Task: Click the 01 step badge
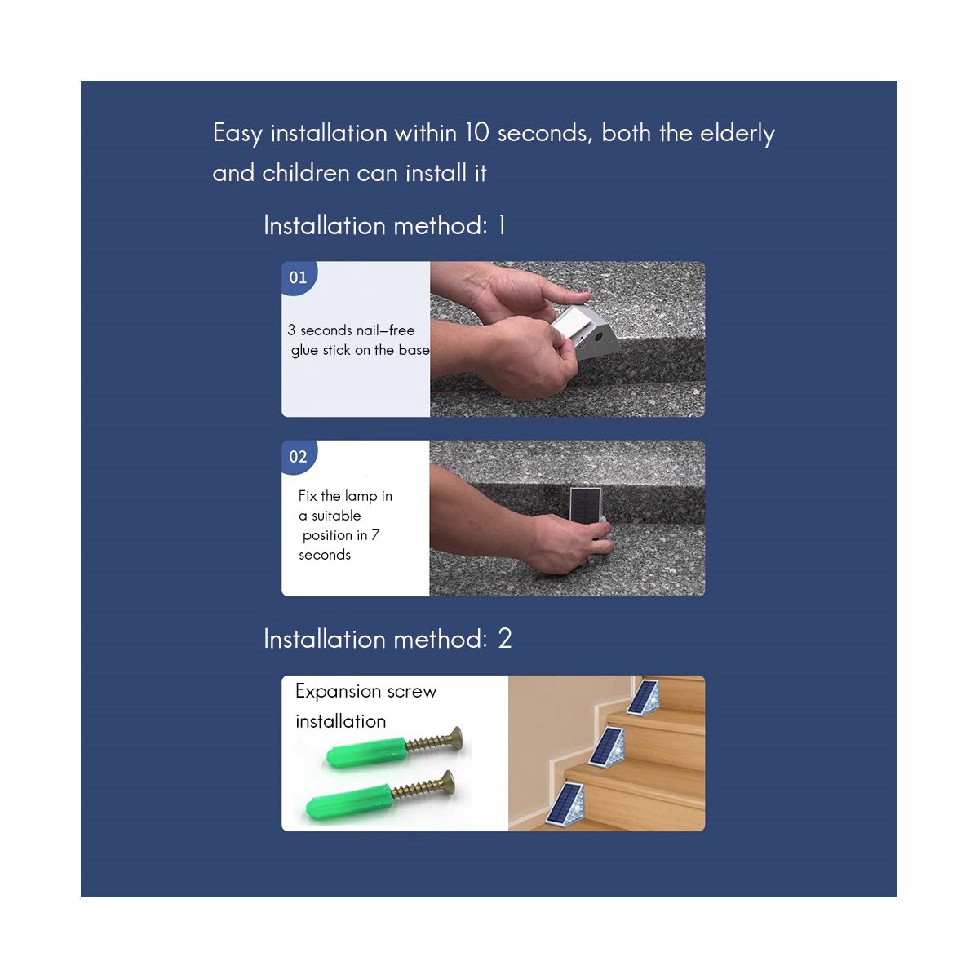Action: [x=299, y=277]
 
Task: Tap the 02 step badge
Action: [x=299, y=457]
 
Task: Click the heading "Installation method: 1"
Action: [x=384, y=225]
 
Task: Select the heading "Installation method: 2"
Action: [x=388, y=638]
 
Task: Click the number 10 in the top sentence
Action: [x=477, y=133]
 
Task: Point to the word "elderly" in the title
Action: [x=738, y=134]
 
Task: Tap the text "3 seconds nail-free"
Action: [x=351, y=330]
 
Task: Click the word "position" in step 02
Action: [x=328, y=535]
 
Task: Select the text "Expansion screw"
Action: [x=365, y=692]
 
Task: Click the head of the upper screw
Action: [x=456, y=738]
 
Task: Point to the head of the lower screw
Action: [x=448, y=783]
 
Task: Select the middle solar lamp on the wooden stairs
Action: [x=607, y=746]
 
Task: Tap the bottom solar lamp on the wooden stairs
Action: [x=565, y=804]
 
